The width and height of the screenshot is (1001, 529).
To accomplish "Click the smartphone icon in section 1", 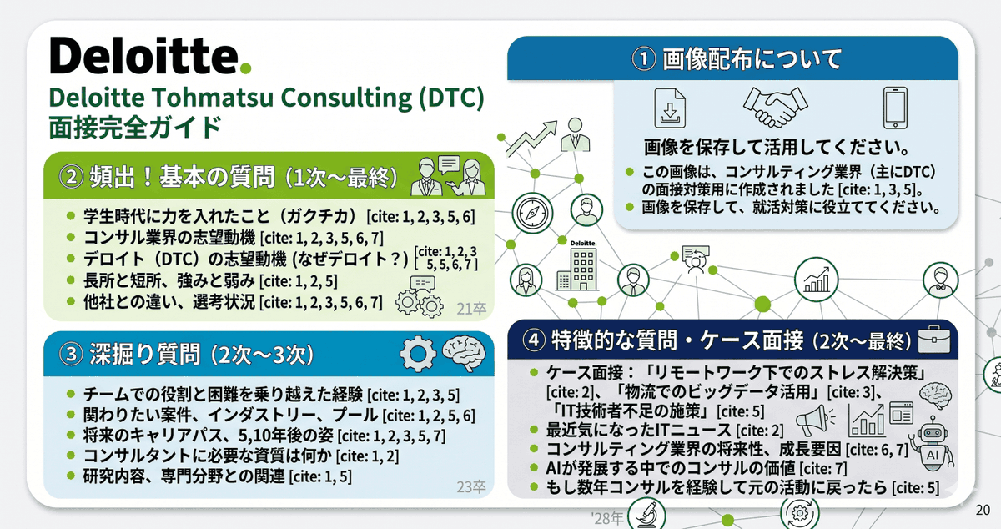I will pyautogui.click(x=894, y=108).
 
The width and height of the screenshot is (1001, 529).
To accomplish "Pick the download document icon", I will pyautogui.click(x=668, y=108).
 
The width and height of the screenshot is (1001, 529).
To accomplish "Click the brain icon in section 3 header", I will pyautogui.click(x=464, y=354).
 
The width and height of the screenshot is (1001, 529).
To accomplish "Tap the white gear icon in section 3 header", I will pyautogui.click(x=418, y=354).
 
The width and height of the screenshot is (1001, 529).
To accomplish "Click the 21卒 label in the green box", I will pyautogui.click(x=472, y=310).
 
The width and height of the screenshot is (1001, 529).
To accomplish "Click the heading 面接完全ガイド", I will pyautogui.click(x=135, y=128).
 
